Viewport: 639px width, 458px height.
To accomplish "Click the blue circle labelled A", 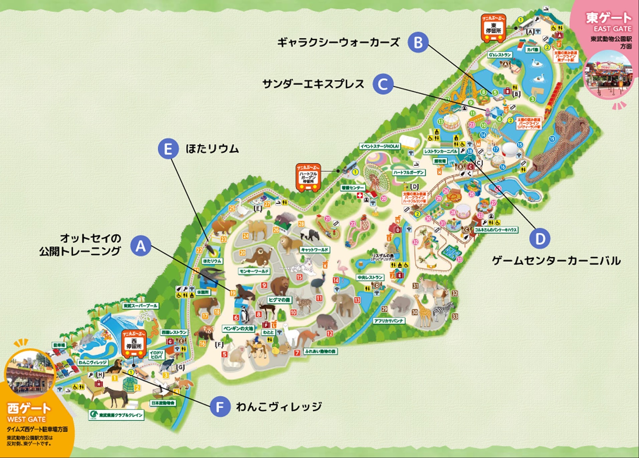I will pos(141,246).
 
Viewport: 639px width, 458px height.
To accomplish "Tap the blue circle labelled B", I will pos(418,42).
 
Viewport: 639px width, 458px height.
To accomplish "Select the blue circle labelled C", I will pos(383,84).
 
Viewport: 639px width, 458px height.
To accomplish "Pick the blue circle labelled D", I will pos(540,238).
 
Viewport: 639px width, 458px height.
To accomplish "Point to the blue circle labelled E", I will pos(168,148).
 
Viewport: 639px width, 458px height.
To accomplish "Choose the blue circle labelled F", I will pos(220,406).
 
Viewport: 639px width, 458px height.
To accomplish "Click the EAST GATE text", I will pos(612,29).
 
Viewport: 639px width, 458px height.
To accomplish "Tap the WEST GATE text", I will pos(26,419).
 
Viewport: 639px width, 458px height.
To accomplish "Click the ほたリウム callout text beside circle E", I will pos(212,148).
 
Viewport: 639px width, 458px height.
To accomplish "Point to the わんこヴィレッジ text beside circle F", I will pos(279,406).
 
